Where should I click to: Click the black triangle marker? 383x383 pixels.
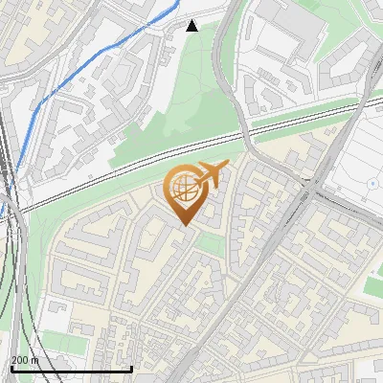[x=191, y=26]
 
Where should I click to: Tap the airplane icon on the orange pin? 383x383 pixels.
[x=211, y=175]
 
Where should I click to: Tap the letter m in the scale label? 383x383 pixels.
[x=35, y=360]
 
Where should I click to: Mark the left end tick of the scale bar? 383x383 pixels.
[x=11, y=368]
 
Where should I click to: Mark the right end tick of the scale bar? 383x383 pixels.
[x=130, y=368]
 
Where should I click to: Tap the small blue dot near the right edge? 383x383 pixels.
[x=372, y=182]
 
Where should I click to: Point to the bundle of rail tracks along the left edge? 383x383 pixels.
[x=11, y=239]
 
